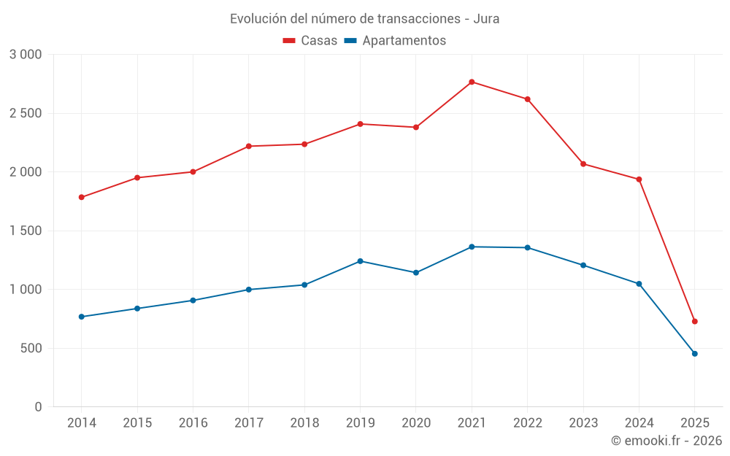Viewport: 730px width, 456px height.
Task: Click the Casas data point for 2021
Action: (x=472, y=82)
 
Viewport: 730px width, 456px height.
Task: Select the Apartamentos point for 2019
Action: (x=360, y=261)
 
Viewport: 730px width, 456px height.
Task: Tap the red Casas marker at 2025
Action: (x=695, y=321)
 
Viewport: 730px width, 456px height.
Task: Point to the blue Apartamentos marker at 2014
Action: (x=81, y=317)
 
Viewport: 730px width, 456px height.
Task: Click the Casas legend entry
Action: (x=310, y=41)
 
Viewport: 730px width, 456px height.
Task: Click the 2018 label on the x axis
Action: (x=304, y=423)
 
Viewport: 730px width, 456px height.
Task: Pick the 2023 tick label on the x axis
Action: (x=583, y=423)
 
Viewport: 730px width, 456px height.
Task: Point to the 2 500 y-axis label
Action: (x=26, y=113)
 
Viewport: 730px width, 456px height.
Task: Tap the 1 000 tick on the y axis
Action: (x=26, y=290)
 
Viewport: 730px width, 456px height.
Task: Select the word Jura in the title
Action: (x=486, y=19)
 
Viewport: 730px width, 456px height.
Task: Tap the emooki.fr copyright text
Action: (x=666, y=441)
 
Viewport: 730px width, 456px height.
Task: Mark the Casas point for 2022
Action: (x=527, y=99)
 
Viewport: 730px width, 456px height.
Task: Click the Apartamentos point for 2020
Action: (x=416, y=273)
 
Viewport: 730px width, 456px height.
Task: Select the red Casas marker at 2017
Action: (x=248, y=146)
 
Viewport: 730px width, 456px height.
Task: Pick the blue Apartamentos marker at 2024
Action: (x=639, y=284)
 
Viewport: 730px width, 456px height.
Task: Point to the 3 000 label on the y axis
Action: (x=26, y=55)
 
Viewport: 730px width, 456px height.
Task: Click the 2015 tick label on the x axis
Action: (x=137, y=423)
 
